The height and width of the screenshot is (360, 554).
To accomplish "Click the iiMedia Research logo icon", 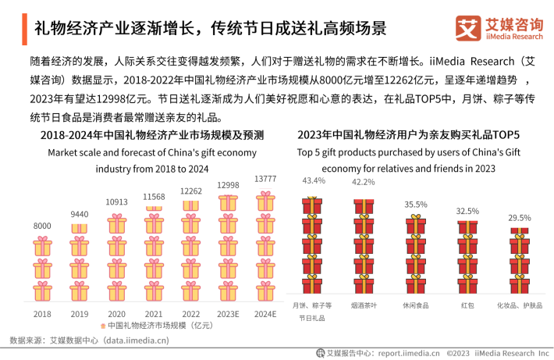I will click(x=469, y=28).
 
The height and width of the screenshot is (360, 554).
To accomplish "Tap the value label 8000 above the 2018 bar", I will click(x=42, y=226).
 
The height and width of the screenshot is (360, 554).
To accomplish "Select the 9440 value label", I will click(x=80, y=214).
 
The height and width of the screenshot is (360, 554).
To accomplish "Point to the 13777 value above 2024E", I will click(x=266, y=179).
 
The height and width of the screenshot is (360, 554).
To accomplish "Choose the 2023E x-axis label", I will click(x=228, y=314).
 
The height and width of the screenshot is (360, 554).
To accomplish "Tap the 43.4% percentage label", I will click(x=313, y=181).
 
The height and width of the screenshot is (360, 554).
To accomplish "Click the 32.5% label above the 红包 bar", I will click(x=467, y=212).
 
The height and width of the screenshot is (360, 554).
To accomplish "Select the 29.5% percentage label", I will click(x=520, y=219).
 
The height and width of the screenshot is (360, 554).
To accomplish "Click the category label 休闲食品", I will click(x=415, y=305).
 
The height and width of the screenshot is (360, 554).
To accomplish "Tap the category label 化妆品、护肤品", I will click(x=520, y=305).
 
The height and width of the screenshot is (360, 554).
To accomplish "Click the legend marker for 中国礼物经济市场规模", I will click(x=102, y=326).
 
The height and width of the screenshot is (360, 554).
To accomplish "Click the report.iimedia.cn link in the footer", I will click(x=409, y=352).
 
